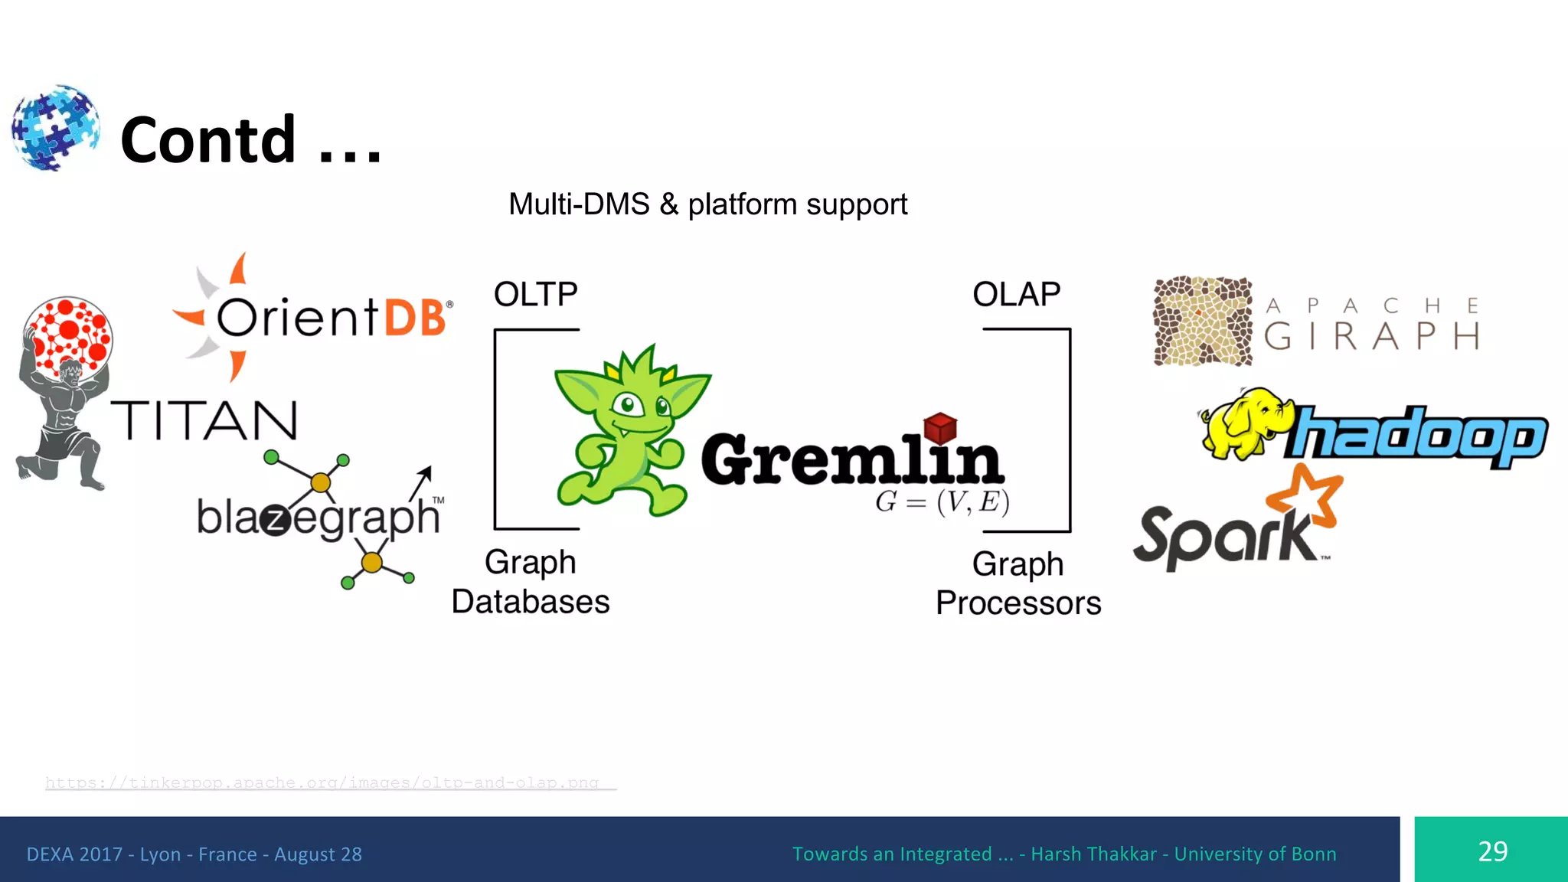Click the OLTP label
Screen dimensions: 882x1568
[535, 295]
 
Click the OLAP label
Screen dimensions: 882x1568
[1016, 295]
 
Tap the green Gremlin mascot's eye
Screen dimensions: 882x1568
[629, 403]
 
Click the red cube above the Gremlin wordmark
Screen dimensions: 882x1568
[940, 427]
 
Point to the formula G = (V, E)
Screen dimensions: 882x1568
[942, 502]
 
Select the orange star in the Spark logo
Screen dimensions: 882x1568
[1306, 497]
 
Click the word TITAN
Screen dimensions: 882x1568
[204, 421]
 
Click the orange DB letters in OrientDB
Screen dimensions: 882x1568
[415, 318]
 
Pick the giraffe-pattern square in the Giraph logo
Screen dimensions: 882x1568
[1203, 321]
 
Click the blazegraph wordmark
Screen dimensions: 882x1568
[318, 518]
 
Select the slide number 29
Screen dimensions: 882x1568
[1492, 851]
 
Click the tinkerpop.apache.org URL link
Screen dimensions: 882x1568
[322, 782]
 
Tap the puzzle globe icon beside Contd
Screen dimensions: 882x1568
[55, 127]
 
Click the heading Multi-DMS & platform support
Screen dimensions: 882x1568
[707, 204]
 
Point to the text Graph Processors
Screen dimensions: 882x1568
[1018, 583]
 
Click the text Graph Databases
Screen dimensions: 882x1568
[530, 582]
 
